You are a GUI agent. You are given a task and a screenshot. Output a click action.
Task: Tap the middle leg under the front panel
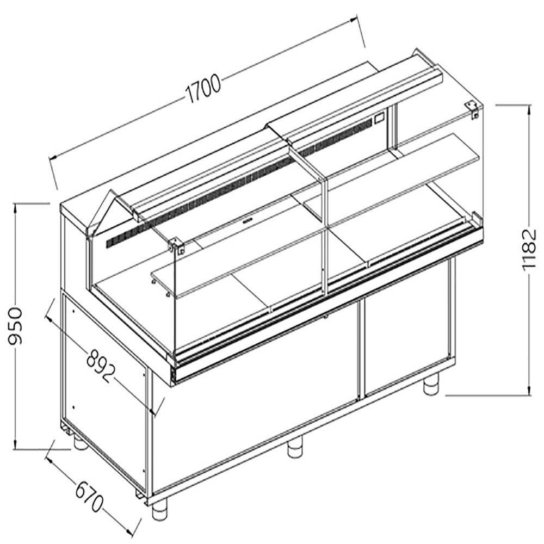(x=295, y=449)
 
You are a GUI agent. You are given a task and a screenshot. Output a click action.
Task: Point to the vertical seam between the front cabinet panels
(x=360, y=348)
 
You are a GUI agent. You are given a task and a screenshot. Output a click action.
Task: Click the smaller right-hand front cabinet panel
(x=405, y=337)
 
